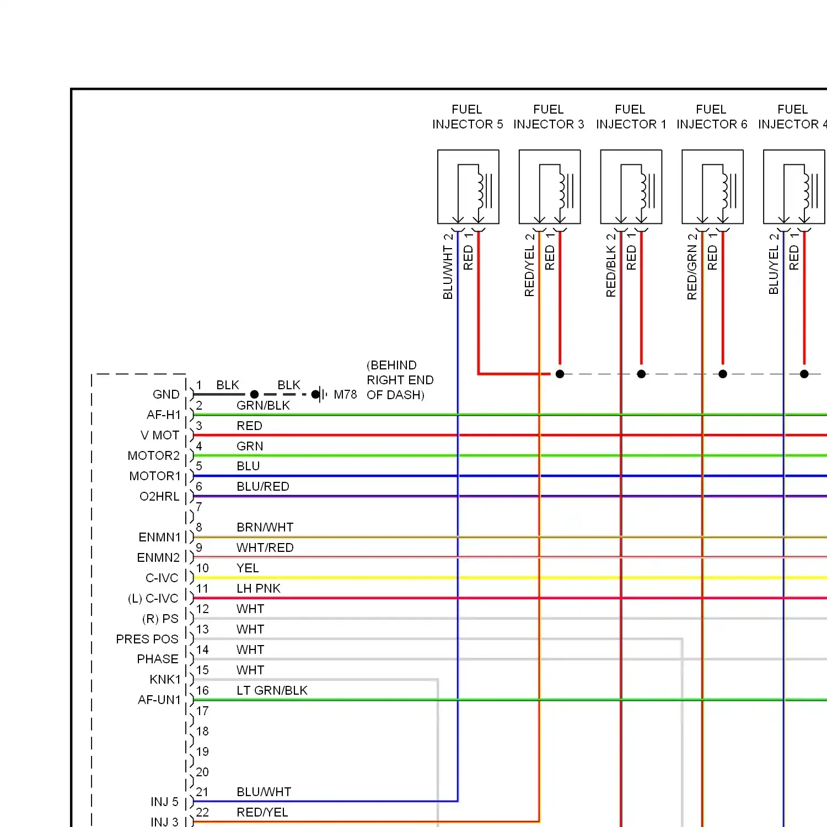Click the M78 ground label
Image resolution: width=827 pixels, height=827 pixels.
coord(345,395)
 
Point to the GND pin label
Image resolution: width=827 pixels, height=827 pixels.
coord(166,395)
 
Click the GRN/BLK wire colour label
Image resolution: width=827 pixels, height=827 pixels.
coord(263,406)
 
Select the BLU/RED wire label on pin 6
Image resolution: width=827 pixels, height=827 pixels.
coord(263,487)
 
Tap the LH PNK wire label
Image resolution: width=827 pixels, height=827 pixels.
coord(259,589)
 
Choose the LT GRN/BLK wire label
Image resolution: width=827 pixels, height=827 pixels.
coord(272,691)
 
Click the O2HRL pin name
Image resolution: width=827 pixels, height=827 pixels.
coord(159,497)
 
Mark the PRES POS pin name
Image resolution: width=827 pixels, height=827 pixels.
coord(147,640)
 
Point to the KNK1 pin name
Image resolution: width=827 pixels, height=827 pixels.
coord(165,680)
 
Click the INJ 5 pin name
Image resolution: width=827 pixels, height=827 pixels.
coord(164,802)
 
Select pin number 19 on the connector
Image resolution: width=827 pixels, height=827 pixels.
coord(202,752)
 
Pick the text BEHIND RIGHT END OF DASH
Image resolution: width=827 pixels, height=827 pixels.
coord(400,380)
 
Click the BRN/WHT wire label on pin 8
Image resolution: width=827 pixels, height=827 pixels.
coord(265,528)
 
